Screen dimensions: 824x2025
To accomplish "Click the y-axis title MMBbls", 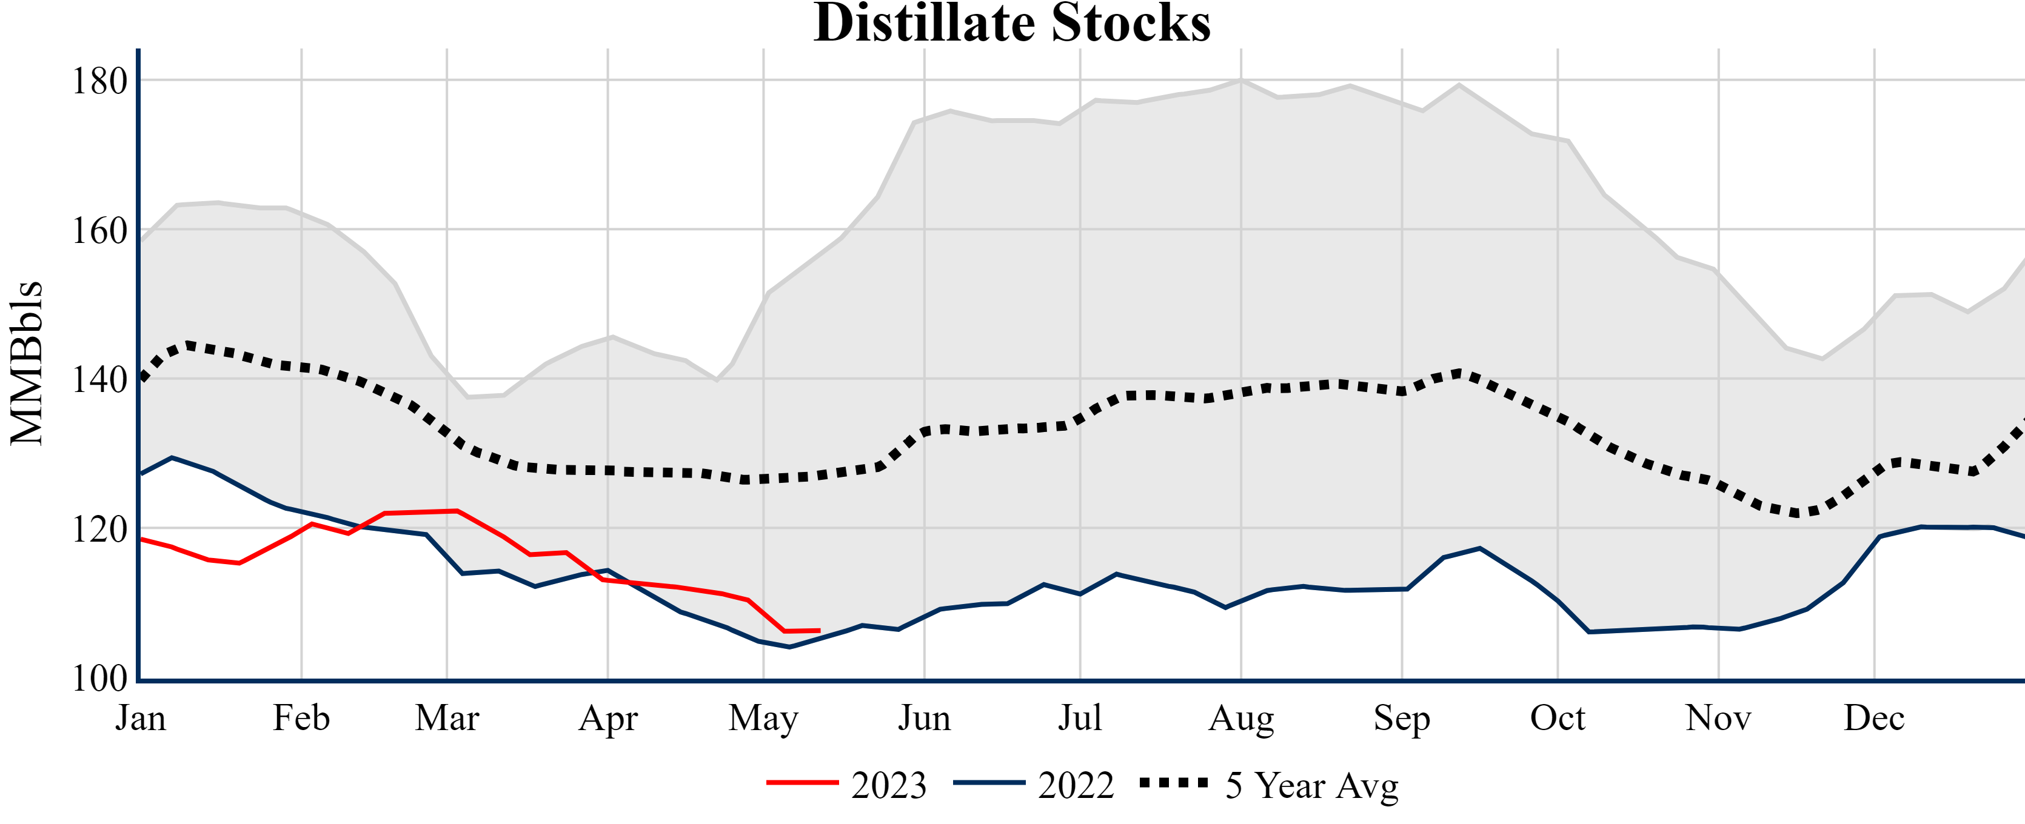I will pyautogui.click(x=27, y=363).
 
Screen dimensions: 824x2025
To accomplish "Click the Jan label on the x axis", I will pyautogui.click(x=141, y=718).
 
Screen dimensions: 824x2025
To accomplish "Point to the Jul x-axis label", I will pyautogui.click(x=1080, y=718).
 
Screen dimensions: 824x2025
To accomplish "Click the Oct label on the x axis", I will pyautogui.click(x=1558, y=718).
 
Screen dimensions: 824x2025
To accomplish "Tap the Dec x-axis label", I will pyautogui.click(x=1874, y=718).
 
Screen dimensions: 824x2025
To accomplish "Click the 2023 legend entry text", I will pyautogui.click(x=889, y=785).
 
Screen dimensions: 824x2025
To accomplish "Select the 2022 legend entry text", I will pyautogui.click(x=1076, y=785).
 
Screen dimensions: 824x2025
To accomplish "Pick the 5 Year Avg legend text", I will pyautogui.click(x=1312, y=785).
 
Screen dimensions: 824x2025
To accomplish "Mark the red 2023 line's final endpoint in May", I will pyautogui.click(x=820, y=631).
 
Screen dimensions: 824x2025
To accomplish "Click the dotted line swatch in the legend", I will pyautogui.click(x=1174, y=782).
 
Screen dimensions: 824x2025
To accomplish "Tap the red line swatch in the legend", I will pyautogui.click(x=803, y=782).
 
